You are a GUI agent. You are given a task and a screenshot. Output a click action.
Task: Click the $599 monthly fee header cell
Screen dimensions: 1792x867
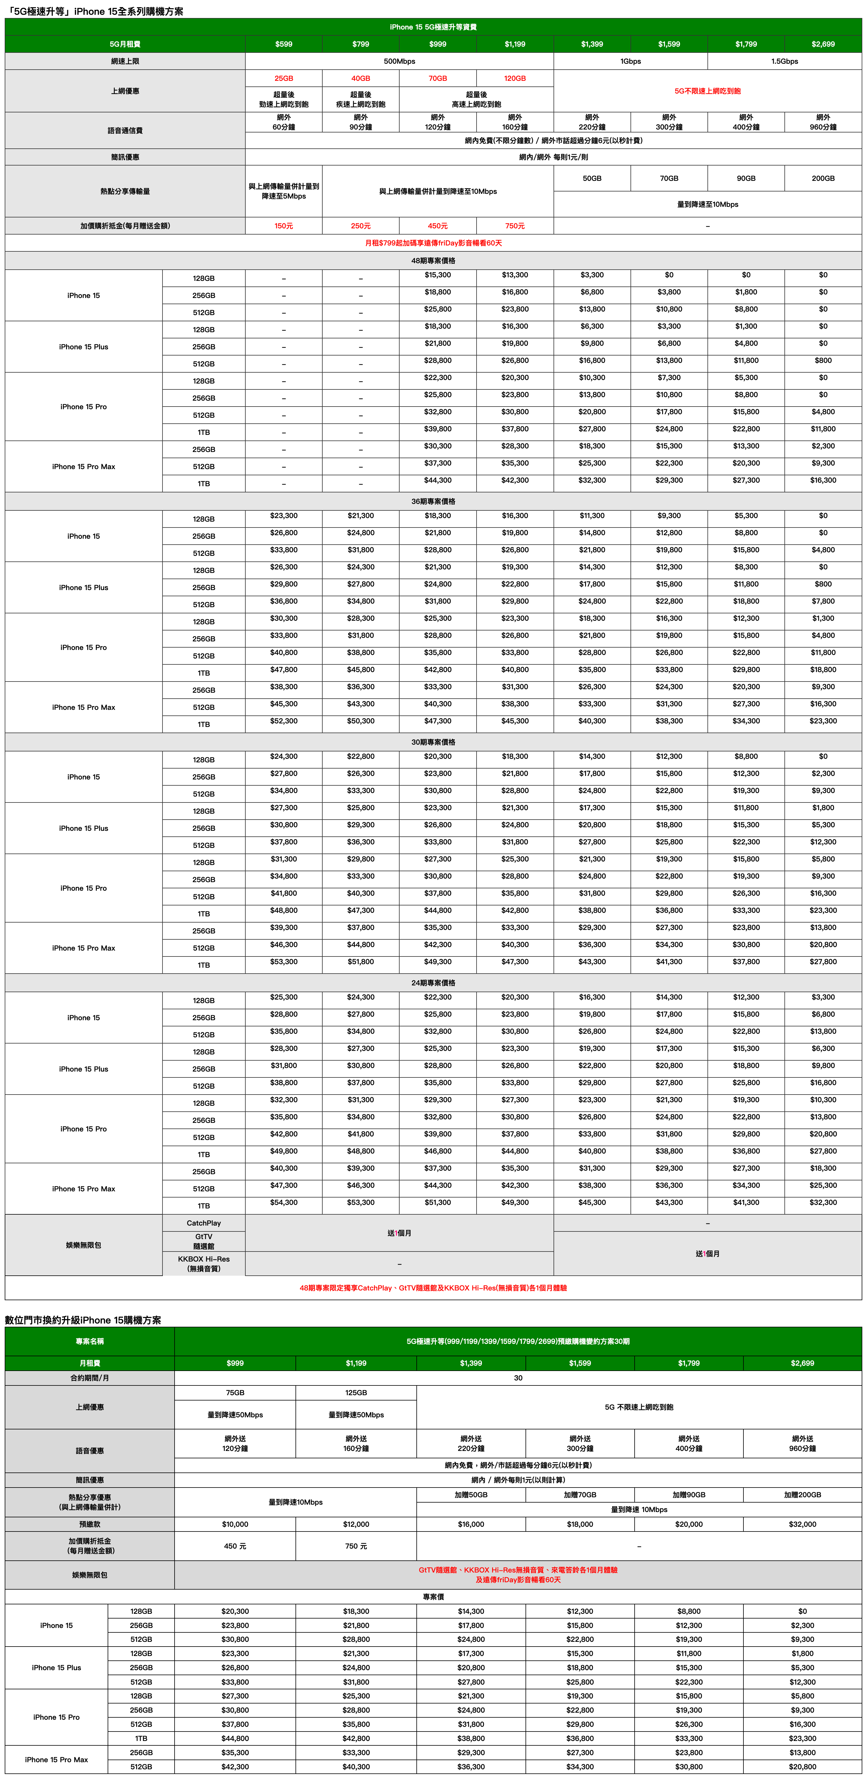click(284, 44)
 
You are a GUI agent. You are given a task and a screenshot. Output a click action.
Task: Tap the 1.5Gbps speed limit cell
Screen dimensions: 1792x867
click(784, 61)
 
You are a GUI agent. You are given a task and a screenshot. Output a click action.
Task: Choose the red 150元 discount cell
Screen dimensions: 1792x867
click(284, 226)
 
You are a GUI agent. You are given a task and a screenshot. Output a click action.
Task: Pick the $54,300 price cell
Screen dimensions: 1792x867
click(284, 1203)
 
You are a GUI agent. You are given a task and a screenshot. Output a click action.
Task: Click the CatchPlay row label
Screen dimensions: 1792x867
click(204, 1223)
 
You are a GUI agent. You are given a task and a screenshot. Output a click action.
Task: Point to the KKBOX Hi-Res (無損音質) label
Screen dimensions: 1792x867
click(204, 1263)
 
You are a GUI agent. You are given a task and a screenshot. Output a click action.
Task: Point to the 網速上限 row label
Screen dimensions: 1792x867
click(125, 61)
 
